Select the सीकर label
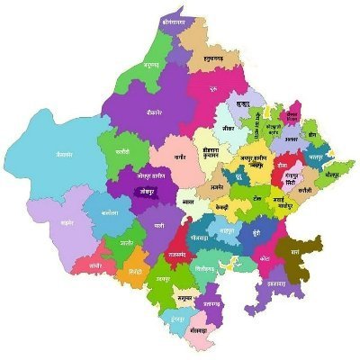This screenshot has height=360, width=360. tap(228, 129)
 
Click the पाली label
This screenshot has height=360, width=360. tap(159, 224)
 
